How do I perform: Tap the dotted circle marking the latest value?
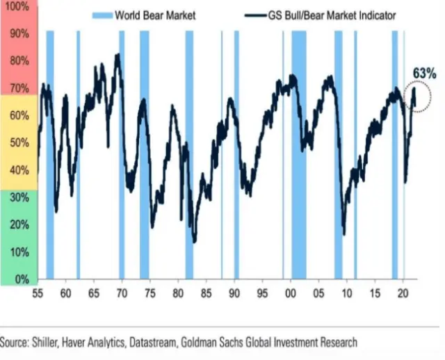[x=419, y=97]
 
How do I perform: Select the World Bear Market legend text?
[x=155, y=15]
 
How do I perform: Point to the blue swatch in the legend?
[x=101, y=15]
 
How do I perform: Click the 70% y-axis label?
[x=19, y=88]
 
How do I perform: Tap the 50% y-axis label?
[x=19, y=142]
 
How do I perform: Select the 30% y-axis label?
[x=19, y=197]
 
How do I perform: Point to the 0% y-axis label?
[x=21, y=279]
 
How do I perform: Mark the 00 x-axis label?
[x=291, y=293]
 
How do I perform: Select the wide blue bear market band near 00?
[x=299, y=153]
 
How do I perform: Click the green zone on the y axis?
[x=18, y=236]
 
